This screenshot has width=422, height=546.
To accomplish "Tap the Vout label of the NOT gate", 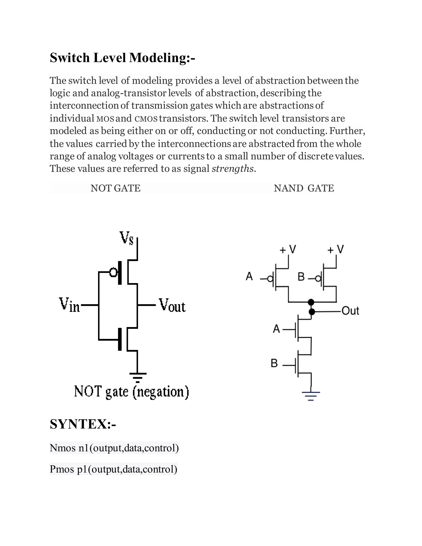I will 172,305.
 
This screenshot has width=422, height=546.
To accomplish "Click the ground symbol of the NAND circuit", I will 311,396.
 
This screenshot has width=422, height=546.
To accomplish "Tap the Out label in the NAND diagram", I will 350,311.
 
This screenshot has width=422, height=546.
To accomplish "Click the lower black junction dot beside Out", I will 312,312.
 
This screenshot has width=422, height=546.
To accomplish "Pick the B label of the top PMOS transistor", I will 301,277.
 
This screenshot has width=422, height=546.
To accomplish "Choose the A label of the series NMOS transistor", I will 276,329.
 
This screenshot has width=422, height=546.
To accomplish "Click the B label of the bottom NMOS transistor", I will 274,363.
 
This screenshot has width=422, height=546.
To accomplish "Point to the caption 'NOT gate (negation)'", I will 131,392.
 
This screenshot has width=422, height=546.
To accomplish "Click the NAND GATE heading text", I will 304,188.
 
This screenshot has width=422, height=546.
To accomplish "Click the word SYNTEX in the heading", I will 78,424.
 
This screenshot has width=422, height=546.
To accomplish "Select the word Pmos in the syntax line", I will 62,469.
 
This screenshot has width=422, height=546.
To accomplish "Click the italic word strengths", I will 232,169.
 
